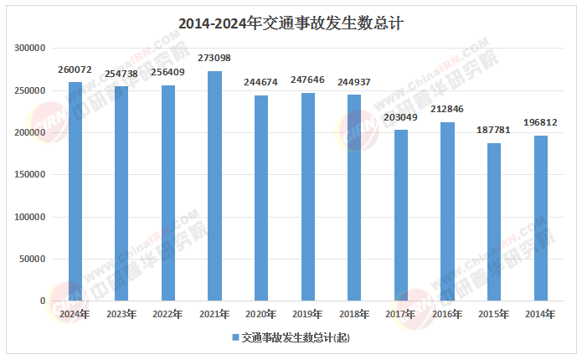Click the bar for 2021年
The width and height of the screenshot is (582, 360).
tap(214, 186)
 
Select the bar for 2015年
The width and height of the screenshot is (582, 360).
tap(493, 222)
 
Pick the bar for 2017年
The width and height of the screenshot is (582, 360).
tap(400, 215)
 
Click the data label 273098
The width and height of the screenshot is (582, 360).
tap(214, 59)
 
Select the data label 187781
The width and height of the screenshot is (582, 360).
tap(493, 131)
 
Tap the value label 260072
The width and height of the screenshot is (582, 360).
tap(75, 69)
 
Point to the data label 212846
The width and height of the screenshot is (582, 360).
tap(447, 110)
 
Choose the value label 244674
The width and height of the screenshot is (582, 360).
tap(261, 83)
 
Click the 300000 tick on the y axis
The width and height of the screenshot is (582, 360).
tap(30, 49)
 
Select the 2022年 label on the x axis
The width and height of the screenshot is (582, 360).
tap(168, 315)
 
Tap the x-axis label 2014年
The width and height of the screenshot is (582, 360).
tap(540, 315)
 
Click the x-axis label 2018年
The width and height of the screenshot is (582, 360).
tap(354, 315)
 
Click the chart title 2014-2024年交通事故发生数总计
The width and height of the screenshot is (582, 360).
tap(291, 24)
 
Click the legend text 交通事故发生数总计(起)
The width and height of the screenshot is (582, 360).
tap(296, 337)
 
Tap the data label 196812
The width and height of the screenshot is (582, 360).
tap(540, 123)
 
